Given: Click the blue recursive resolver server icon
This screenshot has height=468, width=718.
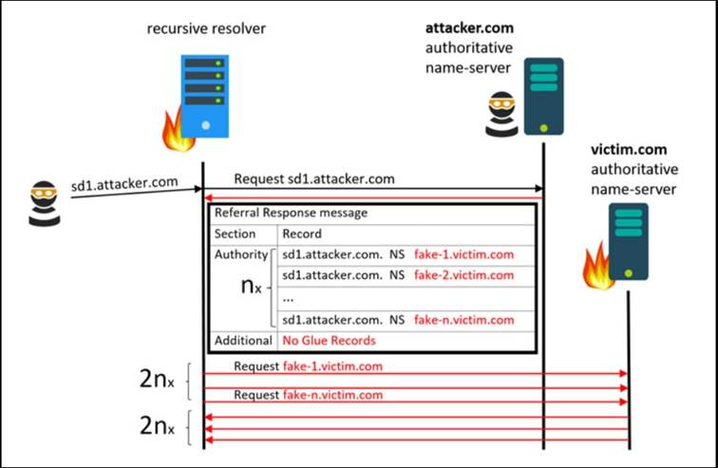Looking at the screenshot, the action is pos(205,96).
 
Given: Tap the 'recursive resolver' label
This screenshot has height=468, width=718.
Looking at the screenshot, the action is pos(206,28).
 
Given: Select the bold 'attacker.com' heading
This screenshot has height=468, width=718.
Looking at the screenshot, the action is pos(469,28).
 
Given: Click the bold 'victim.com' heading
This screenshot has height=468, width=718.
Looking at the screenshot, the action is pos(629,150).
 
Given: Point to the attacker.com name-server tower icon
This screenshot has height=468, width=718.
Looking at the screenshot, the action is pos(543,96).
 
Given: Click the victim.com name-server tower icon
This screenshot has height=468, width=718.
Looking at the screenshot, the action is pos(629,241).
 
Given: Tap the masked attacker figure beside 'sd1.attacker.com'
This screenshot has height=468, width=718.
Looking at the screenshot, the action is pos(45,203).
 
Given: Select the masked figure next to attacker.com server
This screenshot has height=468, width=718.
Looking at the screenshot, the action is pos(501,114).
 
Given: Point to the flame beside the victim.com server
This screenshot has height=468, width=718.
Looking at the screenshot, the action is pos(596,268).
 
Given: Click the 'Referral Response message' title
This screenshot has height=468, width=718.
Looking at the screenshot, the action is pos(291,213).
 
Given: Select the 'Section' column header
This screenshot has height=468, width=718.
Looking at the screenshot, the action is pos(235,234).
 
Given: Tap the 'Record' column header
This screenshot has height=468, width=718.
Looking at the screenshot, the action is pos(302,234).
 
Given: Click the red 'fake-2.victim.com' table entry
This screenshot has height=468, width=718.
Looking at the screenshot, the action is pos(463,275).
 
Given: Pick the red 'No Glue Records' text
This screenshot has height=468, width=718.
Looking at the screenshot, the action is pos(329,341).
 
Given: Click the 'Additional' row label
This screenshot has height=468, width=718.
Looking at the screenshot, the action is pos(243,341).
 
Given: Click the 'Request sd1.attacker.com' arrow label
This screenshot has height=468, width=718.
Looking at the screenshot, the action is pos(314,178).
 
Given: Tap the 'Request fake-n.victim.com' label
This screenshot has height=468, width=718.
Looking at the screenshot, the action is pos(308,395).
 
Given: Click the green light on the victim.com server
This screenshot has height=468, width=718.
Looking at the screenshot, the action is pos(629,273).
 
